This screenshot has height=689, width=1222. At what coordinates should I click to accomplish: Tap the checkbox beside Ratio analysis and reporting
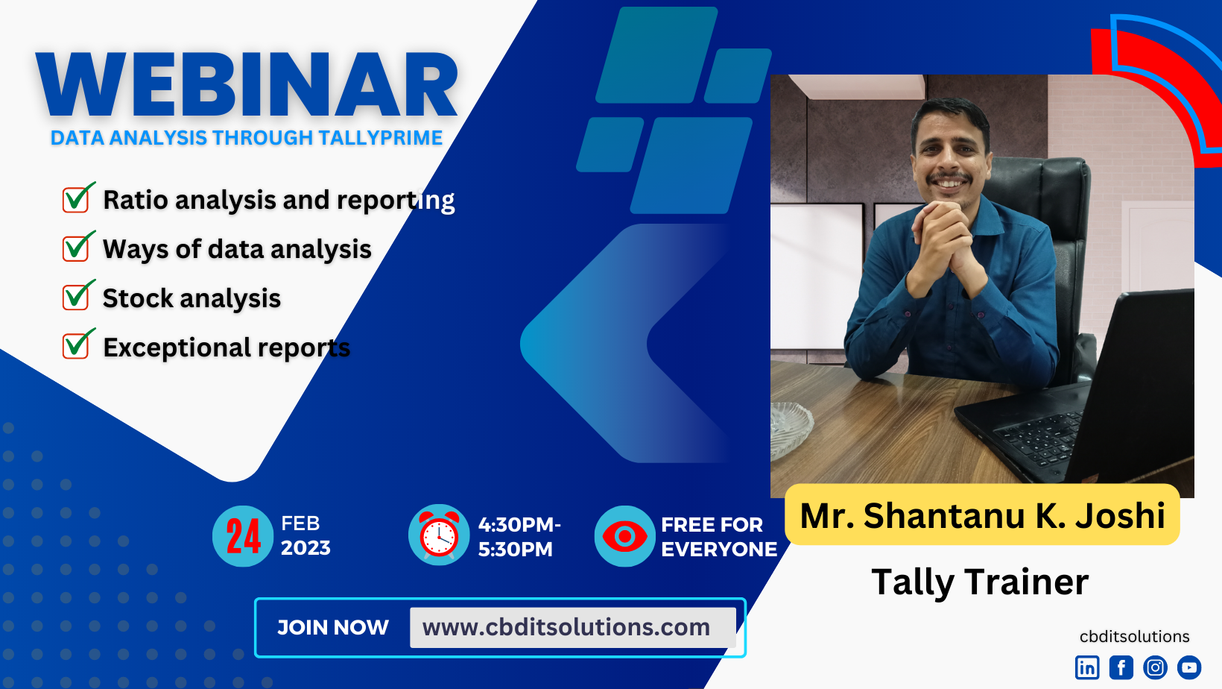click(x=77, y=198)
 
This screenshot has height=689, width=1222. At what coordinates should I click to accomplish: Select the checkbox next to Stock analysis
click(x=77, y=295)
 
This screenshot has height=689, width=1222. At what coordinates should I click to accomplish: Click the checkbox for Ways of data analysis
click(x=77, y=246)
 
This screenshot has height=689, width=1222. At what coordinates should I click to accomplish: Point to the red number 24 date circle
click(x=243, y=536)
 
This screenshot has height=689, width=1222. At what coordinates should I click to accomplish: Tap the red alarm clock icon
click(x=439, y=535)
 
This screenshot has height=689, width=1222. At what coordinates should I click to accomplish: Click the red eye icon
click(x=624, y=536)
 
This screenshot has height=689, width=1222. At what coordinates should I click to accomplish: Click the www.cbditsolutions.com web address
click(x=566, y=627)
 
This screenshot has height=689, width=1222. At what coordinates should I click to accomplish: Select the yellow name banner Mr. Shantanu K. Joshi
click(x=982, y=515)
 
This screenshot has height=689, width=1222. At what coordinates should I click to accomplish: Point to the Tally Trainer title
click(x=980, y=582)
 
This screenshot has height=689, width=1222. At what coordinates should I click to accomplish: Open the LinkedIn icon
click(x=1087, y=667)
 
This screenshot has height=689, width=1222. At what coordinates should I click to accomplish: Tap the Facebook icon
click(x=1121, y=667)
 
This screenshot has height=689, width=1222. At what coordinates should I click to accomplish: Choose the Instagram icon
click(x=1155, y=667)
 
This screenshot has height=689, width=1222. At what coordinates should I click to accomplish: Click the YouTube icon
click(x=1189, y=667)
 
